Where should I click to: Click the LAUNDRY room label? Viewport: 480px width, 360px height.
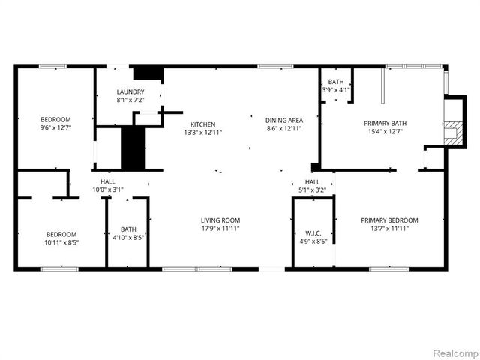click(130, 91)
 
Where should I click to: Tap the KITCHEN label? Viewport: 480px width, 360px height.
click(202, 124)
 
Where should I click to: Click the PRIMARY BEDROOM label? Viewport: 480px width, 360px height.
click(389, 220)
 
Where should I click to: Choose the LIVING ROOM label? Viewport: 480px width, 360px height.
click(220, 220)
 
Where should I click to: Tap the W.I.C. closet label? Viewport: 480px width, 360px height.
click(313, 232)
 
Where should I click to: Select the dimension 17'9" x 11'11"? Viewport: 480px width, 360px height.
click(220, 229)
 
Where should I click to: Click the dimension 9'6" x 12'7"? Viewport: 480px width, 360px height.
click(55, 128)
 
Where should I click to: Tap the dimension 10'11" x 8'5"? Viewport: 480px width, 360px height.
click(61, 241)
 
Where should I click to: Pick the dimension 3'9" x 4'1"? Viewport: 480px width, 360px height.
click(336, 90)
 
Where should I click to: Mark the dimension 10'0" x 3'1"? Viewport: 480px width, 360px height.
click(107, 190)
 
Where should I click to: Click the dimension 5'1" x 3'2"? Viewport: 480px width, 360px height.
click(312, 190)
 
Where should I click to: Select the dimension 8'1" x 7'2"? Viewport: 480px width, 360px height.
click(130, 100)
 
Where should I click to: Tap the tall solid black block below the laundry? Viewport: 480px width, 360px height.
click(132, 148)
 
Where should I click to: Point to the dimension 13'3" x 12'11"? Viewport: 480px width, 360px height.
click(202, 133)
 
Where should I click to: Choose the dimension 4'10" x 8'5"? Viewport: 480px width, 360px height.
click(128, 238)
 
